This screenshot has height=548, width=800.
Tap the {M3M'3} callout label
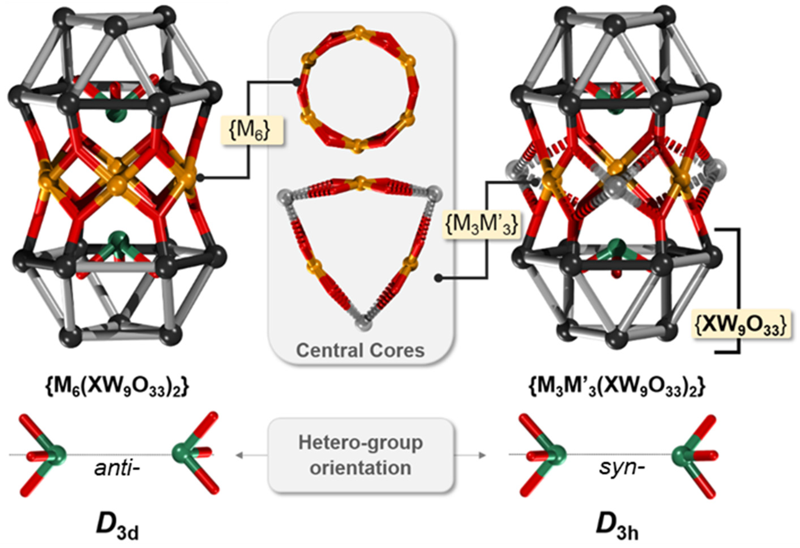pos(482,226)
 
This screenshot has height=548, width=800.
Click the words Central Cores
pos(360,350)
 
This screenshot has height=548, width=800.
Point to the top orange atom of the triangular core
pos(360,182)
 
